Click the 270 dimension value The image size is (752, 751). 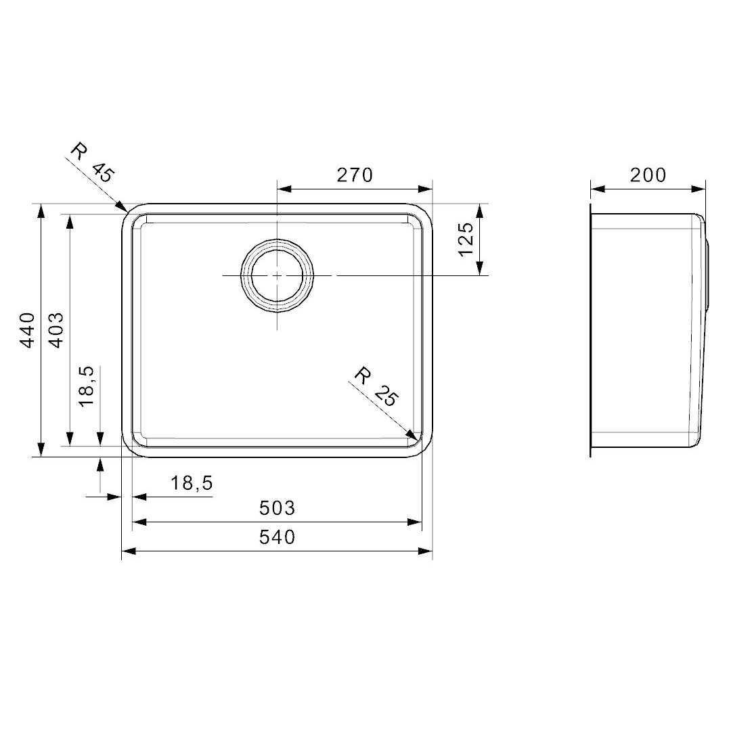(x=355, y=175)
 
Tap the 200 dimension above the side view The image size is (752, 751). (x=648, y=175)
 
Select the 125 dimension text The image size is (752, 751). (x=465, y=240)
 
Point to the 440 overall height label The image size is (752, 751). (x=27, y=329)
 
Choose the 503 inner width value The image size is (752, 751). (x=278, y=507)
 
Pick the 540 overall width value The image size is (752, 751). (x=278, y=537)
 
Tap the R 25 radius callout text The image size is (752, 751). (x=376, y=386)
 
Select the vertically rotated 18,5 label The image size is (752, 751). (x=87, y=386)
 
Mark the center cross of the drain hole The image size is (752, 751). (x=277, y=276)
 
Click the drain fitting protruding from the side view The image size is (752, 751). (x=707, y=274)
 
